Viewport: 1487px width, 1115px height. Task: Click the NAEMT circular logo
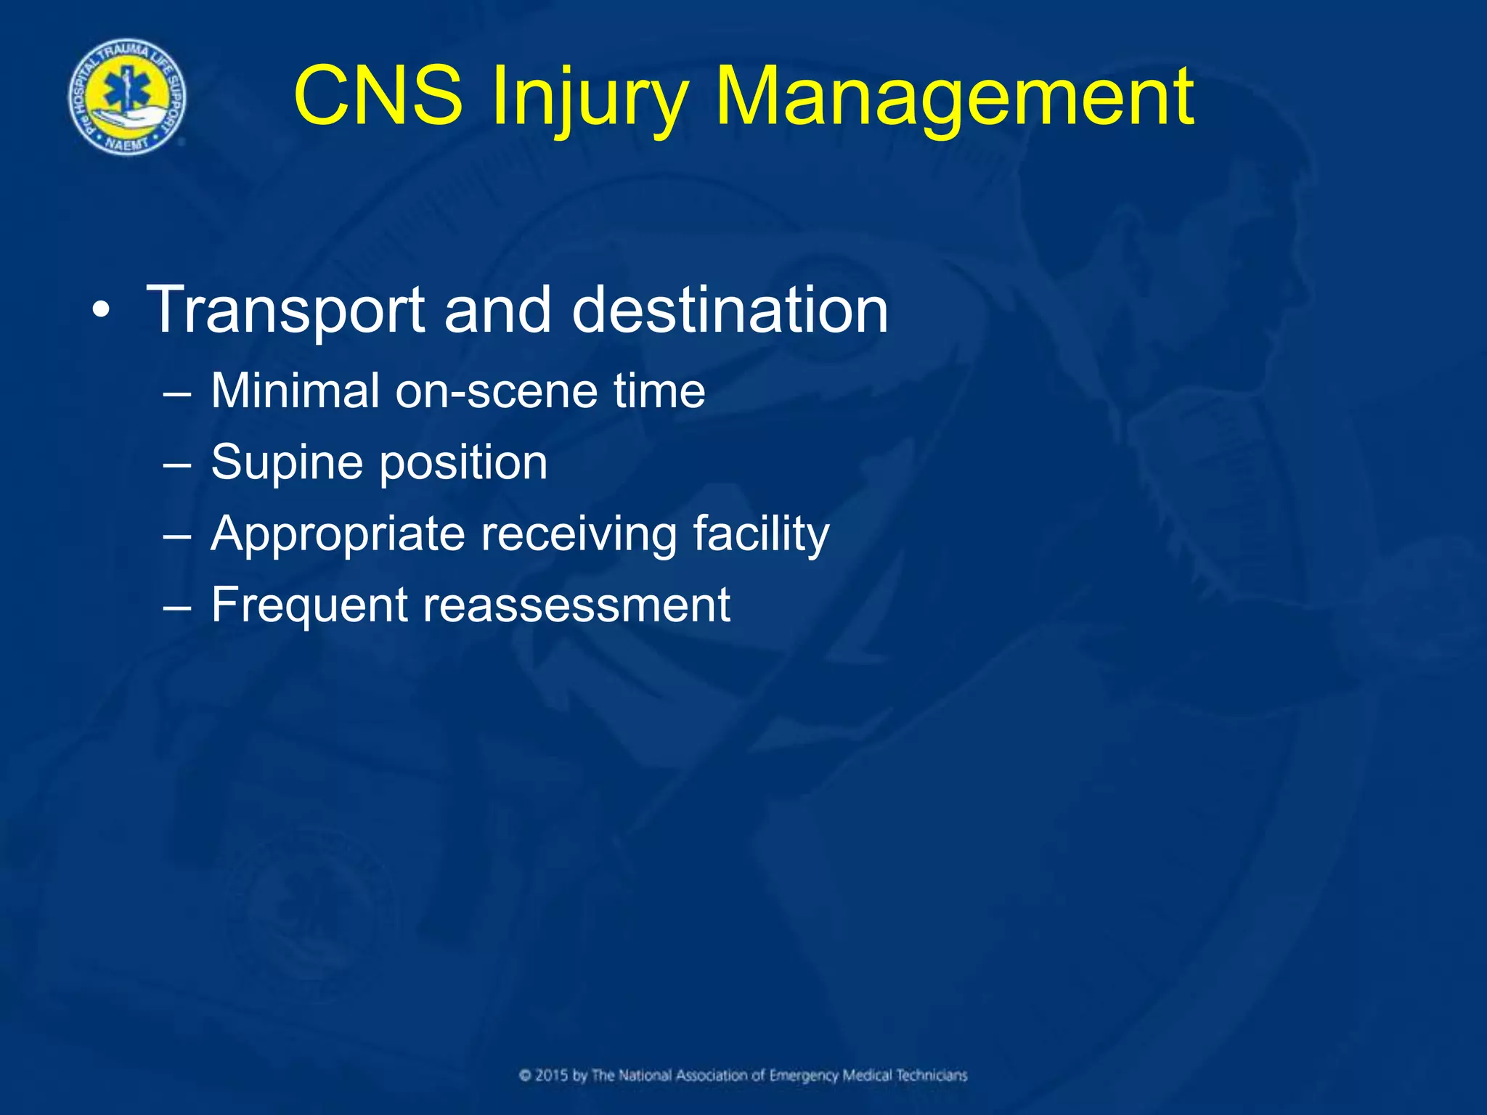(127, 97)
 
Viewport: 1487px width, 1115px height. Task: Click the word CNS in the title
(378, 96)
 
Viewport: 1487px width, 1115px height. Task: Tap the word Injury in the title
(589, 97)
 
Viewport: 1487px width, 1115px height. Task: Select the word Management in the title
(954, 97)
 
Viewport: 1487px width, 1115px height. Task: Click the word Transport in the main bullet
(285, 311)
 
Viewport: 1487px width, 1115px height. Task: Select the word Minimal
(295, 391)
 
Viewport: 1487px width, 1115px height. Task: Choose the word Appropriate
(338, 534)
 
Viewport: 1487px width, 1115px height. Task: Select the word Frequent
(309, 605)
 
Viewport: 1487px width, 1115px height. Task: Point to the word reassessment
(577, 605)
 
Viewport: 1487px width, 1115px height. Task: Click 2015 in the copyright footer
(551, 1075)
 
